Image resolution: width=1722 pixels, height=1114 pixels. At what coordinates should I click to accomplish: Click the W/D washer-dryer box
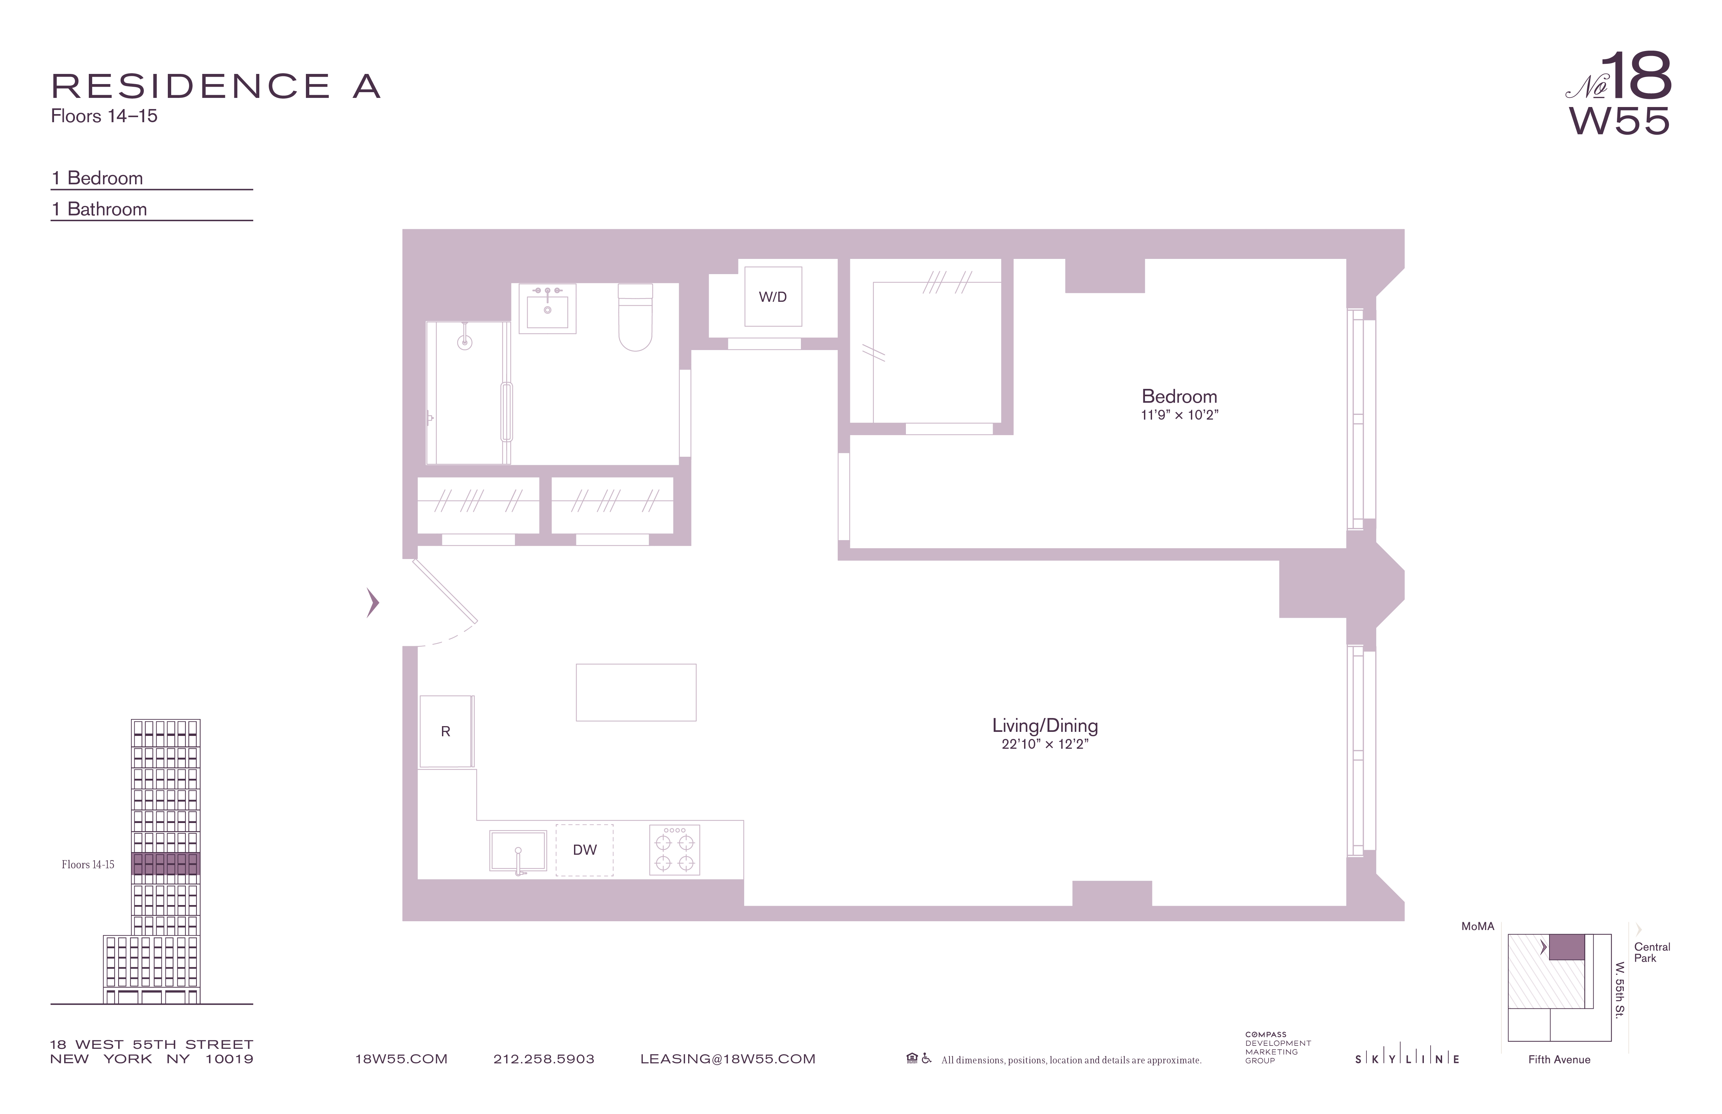773,297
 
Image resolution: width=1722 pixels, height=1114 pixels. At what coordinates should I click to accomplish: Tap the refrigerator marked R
446,731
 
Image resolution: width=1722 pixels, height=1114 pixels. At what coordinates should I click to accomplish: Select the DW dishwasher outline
584,850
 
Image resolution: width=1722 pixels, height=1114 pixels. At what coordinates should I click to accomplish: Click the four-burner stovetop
674,850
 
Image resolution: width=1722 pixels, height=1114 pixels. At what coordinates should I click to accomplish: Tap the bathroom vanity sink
547,309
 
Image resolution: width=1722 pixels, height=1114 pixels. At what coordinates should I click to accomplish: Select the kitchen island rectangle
636,692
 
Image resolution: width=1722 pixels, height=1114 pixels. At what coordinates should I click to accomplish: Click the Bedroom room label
1179,396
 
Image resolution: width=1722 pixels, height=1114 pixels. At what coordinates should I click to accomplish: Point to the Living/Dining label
1045,725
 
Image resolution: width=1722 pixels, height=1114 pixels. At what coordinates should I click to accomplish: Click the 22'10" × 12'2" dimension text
1045,744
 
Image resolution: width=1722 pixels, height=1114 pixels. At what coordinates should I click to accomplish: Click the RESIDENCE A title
216,87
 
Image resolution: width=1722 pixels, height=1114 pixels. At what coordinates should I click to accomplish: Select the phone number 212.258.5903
544,1059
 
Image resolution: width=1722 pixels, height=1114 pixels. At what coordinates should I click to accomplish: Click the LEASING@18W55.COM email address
728,1059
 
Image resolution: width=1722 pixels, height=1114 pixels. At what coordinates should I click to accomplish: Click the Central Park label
1652,952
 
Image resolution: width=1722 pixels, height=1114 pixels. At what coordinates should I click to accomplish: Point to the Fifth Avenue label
1559,1060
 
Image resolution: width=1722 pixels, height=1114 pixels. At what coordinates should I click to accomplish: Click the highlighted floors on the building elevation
166,864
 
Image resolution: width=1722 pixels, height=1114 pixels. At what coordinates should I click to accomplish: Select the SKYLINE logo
1407,1059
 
